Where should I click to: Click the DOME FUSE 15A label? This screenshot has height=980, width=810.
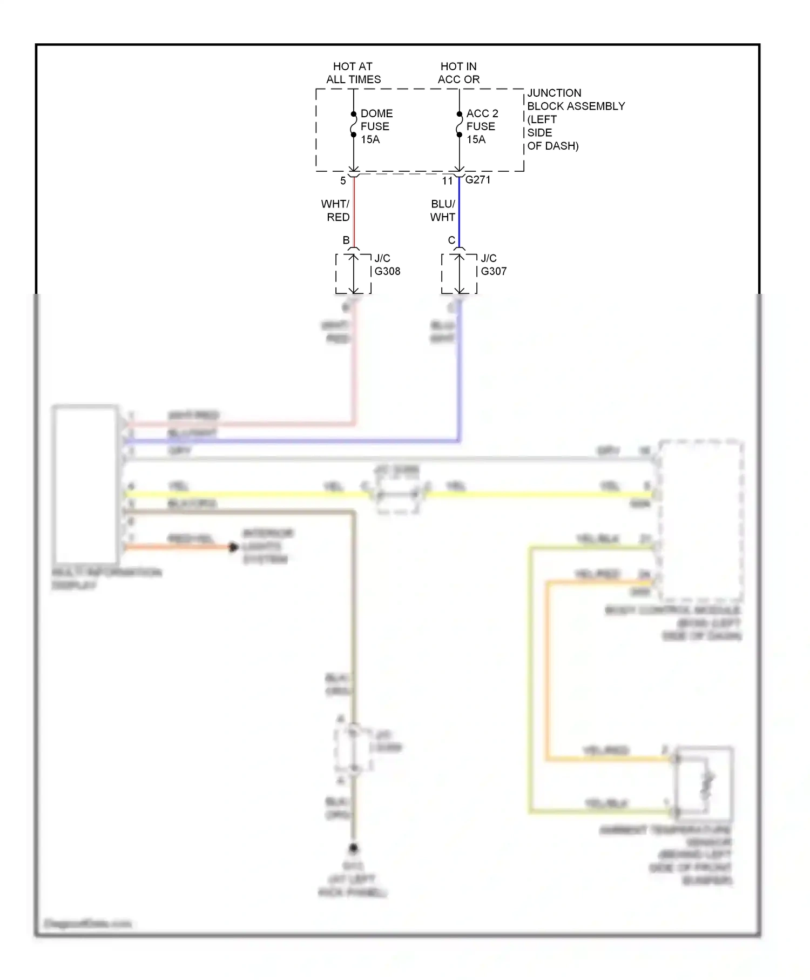click(x=376, y=126)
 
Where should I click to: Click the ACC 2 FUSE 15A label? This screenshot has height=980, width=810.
click(x=482, y=126)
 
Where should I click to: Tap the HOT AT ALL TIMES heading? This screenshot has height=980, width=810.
click(x=353, y=73)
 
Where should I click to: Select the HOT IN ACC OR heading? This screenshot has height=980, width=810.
click(x=458, y=73)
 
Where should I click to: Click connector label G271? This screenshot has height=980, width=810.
click(x=478, y=180)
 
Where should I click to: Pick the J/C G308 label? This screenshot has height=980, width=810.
click(x=387, y=265)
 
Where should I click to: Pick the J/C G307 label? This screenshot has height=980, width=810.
click(x=494, y=265)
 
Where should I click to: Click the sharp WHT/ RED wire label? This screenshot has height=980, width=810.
click(x=336, y=210)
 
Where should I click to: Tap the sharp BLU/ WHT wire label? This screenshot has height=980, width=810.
click(x=443, y=210)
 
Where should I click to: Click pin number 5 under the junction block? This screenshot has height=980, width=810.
click(x=343, y=181)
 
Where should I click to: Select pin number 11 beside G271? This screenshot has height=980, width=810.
click(x=447, y=181)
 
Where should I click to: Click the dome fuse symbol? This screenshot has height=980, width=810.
click(x=353, y=124)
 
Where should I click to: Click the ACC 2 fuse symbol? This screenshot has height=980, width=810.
click(x=459, y=124)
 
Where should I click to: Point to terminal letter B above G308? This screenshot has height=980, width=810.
click(x=346, y=240)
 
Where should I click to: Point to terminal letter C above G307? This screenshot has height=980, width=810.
click(x=452, y=240)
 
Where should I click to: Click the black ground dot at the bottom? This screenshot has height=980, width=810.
click(x=353, y=848)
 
